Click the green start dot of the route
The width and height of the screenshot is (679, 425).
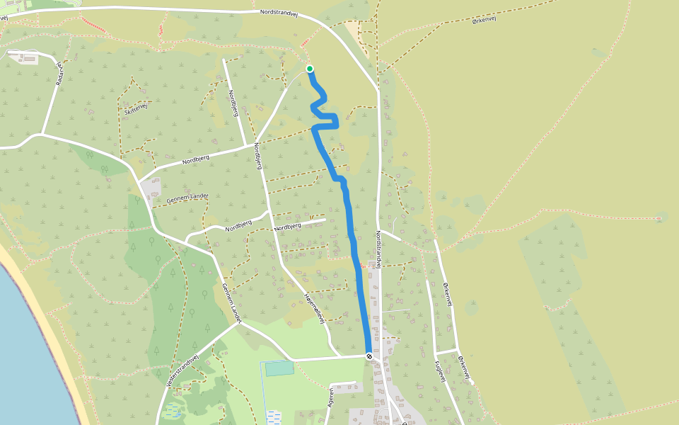point(310,69)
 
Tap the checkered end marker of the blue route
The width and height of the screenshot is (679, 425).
point(368,356)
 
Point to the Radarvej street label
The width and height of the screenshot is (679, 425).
point(59,73)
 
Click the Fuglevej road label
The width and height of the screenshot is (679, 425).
point(439,370)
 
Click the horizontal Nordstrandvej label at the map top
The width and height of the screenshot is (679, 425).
point(282,13)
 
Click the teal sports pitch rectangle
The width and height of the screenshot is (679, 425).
point(279,368)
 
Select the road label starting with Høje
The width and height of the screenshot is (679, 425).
point(313,309)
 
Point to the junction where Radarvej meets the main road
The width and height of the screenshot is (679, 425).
point(43,133)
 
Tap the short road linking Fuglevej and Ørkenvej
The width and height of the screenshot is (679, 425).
point(447,351)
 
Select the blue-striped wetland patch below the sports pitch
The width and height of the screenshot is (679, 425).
point(274,417)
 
